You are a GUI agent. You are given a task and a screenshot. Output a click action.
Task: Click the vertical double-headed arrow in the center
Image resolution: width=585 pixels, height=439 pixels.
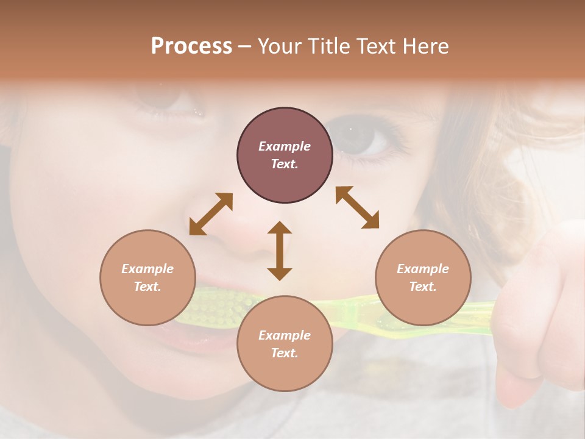click(x=280, y=251)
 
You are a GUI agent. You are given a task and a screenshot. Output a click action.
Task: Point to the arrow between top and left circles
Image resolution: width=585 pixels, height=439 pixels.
click(x=211, y=213)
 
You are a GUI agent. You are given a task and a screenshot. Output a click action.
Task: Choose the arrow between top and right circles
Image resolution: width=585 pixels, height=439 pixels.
click(x=357, y=207)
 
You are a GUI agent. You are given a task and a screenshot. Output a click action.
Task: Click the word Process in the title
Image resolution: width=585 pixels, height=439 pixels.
click(x=191, y=46)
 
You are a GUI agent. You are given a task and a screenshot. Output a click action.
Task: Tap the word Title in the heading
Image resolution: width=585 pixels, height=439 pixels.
click(x=328, y=46)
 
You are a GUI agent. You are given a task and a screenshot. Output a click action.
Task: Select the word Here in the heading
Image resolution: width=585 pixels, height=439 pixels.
click(x=425, y=46)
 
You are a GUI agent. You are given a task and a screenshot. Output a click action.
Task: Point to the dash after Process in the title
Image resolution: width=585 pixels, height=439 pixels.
click(x=245, y=46)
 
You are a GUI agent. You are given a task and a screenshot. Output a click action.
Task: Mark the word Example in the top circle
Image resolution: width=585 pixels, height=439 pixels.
click(x=285, y=146)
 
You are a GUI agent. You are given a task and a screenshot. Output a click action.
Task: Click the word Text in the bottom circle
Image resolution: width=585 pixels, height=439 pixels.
click(x=285, y=353)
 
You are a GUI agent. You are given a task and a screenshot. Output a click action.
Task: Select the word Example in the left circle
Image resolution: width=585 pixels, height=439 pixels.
click(x=147, y=269)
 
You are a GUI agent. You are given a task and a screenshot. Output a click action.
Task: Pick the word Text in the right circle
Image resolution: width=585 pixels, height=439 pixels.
click(x=423, y=287)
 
